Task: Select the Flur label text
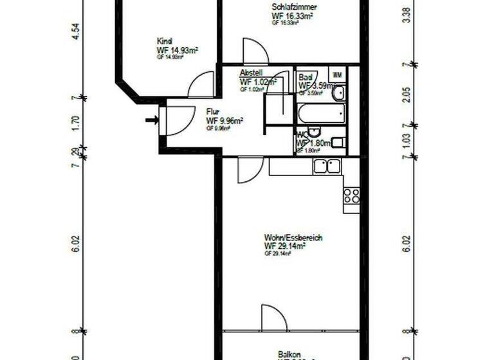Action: click(213, 111)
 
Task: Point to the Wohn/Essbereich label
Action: click(293, 237)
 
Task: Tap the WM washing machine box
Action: click(337, 75)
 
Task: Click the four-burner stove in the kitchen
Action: click(351, 195)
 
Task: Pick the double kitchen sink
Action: click(327, 166)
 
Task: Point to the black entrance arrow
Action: click(152, 120)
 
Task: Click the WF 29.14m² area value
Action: click(284, 246)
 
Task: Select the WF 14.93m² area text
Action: click(177, 50)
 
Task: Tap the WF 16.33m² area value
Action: click(293, 16)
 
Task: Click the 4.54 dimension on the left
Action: click(76, 32)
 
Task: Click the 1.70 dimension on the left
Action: click(76, 123)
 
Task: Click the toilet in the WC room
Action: click(339, 143)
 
